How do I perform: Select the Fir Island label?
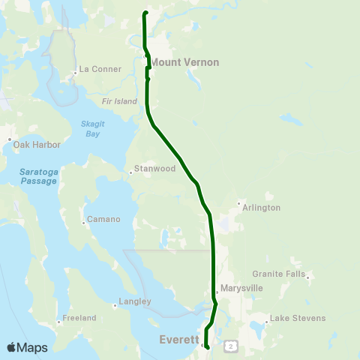tap(120, 100)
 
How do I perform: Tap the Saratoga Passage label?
tap(37, 176)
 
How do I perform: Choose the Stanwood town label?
tap(154, 169)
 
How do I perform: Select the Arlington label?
tap(262, 208)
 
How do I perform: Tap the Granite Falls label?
tap(278, 274)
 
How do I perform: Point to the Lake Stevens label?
tap(298, 318)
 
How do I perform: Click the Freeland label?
tap(79, 318)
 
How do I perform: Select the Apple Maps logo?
tap(27, 347)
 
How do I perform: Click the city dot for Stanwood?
tap(130, 172)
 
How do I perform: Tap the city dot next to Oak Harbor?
tap(9, 139)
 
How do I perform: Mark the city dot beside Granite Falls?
tap(307, 277)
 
